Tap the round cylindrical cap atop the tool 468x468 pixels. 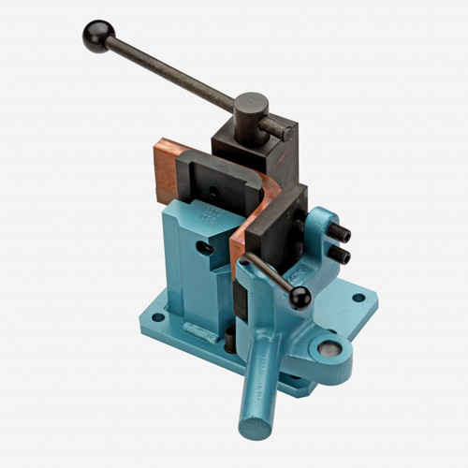click(x=250, y=104)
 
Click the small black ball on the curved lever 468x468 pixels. click(x=300, y=298)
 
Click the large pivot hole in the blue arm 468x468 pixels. click(x=329, y=349)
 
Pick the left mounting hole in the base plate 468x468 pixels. click(x=157, y=317)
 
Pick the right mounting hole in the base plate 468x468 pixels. click(x=358, y=299)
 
